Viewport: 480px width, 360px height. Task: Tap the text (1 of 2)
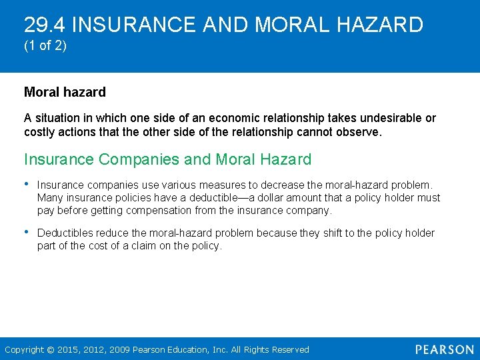coord(45,48)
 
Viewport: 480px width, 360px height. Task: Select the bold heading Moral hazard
coord(65,92)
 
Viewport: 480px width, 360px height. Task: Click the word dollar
coord(271,197)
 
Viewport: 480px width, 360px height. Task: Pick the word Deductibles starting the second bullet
coord(65,233)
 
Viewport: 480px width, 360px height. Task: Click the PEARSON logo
coord(444,349)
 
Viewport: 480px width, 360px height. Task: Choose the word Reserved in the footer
coord(290,349)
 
